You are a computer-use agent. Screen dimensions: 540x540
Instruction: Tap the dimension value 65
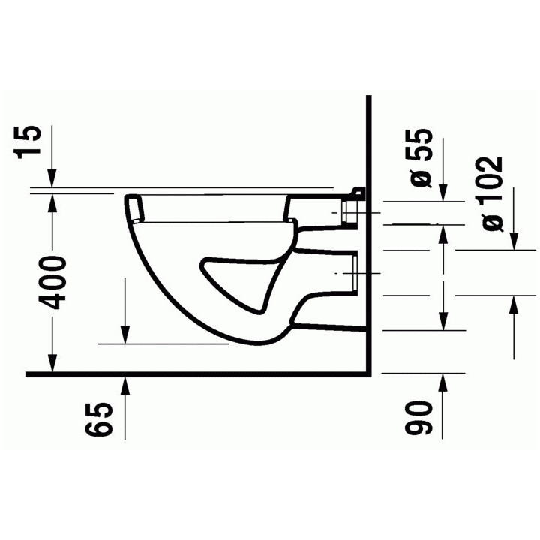tap(100, 419)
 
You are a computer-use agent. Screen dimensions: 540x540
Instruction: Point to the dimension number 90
tap(421, 419)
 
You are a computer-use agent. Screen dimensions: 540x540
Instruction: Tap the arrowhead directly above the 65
tap(124, 382)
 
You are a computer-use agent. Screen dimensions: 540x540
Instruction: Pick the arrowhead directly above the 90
tap(442, 379)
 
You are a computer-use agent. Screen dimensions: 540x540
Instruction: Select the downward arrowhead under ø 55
tap(442, 194)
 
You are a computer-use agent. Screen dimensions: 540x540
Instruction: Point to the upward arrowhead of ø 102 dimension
tap(514, 302)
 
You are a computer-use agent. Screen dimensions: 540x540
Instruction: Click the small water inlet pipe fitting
tap(351, 211)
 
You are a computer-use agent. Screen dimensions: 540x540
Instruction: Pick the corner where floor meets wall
tap(371, 373)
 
